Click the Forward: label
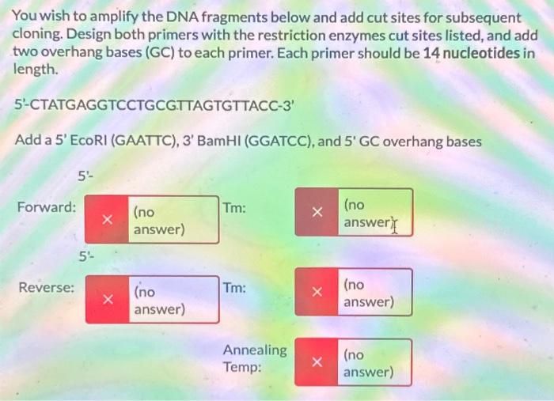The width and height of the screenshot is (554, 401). (x=47, y=208)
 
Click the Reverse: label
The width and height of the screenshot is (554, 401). (x=47, y=288)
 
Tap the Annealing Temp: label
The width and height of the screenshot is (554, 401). (x=254, y=358)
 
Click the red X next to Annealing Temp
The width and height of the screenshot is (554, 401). (x=316, y=363)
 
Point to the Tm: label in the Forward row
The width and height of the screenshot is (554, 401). (x=234, y=208)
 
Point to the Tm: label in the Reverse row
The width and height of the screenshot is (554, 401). (x=234, y=288)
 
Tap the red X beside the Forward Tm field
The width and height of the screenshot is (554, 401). (x=316, y=212)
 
